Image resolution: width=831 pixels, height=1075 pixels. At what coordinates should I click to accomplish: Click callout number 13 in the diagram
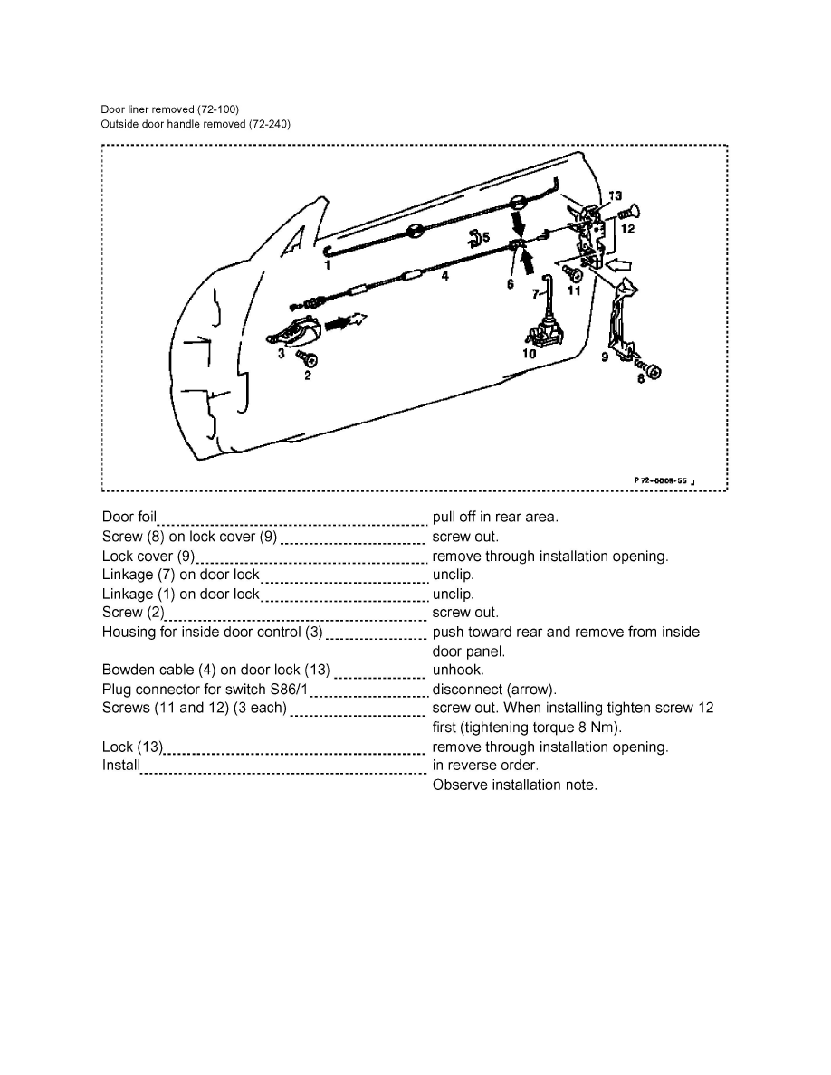(x=616, y=195)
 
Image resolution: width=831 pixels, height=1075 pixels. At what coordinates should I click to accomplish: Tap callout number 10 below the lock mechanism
(x=529, y=354)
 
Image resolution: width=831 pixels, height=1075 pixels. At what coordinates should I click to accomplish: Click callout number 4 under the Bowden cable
(x=444, y=278)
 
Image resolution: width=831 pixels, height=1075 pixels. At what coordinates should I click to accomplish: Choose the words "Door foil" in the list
(x=129, y=518)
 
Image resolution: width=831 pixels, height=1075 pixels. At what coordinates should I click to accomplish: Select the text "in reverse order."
(x=485, y=766)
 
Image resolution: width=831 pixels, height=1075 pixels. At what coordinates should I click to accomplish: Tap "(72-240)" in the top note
(x=270, y=124)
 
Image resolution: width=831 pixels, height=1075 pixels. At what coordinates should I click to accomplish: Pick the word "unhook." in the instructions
(x=458, y=670)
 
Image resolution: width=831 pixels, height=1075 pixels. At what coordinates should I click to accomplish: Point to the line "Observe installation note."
(x=514, y=785)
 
